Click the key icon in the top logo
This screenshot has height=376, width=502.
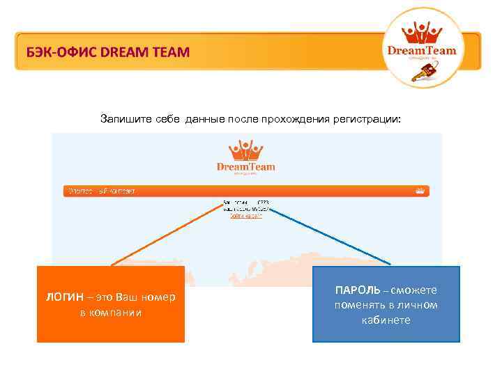432,70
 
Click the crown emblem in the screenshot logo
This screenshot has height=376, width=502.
245,150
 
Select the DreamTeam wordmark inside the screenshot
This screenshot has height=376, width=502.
246,166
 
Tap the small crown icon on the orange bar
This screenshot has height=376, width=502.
420,190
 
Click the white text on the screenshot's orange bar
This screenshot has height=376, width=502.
100,191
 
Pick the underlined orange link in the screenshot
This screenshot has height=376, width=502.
247,216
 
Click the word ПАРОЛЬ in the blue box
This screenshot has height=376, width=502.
358,290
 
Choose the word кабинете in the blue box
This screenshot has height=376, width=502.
386,320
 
